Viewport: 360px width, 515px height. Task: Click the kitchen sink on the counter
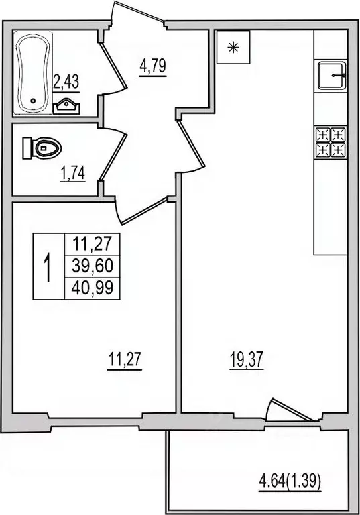tap(331, 75)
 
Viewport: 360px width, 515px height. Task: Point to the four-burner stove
tap(331, 141)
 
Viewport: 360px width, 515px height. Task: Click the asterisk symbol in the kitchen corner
tap(233, 47)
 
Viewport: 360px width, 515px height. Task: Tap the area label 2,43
tap(66, 82)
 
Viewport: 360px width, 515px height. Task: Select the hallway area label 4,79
tap(153, 67)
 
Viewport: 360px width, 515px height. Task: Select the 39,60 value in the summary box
tap(91, 266)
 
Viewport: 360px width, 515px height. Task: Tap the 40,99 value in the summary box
tap(91, 288)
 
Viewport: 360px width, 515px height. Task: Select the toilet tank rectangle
tap(28, 147)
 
